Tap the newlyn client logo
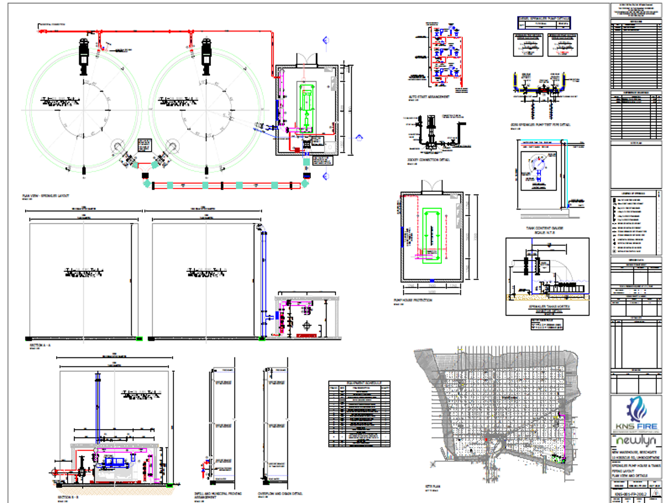636,441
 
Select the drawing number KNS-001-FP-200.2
631,493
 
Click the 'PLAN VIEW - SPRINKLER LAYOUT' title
46,196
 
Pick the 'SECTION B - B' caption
68,497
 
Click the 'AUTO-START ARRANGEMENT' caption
429,97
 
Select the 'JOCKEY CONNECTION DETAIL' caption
428,160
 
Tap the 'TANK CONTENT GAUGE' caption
545,228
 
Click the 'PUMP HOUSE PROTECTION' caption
413,300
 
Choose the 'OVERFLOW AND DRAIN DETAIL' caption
280,494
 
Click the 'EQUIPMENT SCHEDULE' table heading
360,383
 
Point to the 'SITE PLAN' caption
432,486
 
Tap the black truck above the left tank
84,54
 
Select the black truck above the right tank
206,54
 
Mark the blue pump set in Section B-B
115,462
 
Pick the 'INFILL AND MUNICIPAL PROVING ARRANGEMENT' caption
214,495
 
